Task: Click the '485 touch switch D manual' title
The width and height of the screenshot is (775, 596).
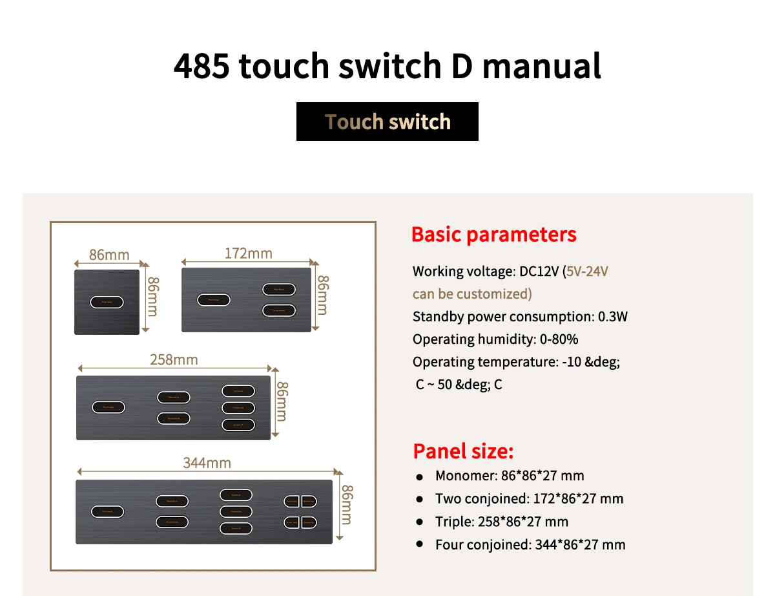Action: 387,66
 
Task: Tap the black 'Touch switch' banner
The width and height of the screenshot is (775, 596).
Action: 387,122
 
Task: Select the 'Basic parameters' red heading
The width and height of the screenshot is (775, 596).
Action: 493,234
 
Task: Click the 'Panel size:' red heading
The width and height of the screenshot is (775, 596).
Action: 463,451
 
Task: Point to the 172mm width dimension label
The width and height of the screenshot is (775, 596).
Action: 249,253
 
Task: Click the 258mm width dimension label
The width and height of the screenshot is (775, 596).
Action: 174,359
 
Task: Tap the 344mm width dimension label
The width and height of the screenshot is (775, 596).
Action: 207,463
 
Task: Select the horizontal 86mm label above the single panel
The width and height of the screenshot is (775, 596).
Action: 109,255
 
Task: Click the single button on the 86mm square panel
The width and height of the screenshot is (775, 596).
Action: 107,301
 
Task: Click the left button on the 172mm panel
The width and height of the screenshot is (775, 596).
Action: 214,300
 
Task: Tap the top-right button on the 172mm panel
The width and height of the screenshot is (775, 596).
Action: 279,290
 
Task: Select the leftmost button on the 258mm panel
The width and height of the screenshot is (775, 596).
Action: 108,407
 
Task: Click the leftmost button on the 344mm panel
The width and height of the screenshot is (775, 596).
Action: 107,511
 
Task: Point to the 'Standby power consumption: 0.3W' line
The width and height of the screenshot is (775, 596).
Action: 520,317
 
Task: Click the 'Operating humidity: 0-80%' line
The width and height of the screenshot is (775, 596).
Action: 495,339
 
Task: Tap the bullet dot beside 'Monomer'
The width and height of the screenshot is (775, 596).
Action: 420,477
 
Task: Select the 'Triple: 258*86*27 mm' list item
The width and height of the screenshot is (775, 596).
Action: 501,522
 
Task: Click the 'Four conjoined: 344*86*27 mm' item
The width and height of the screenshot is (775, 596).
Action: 530,545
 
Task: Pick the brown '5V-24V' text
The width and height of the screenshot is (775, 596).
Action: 587,271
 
